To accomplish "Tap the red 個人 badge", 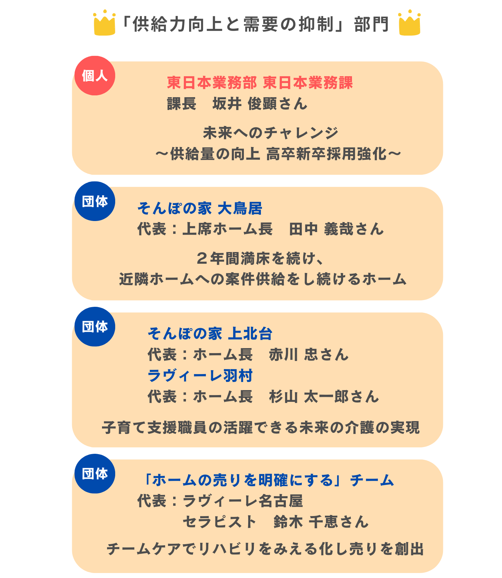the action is pyautogui.click(x=95, y=75).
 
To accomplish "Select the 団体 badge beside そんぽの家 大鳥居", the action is pyautogui.click(x=95, y=201).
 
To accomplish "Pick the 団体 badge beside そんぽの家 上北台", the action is pyautogui.click(x=95, y=326).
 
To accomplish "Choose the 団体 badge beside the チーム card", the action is pyautogui.click(x=95, y=473).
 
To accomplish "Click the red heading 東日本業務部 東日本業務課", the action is pyautogui.click(x=260, y=83).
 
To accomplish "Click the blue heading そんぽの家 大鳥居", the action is pyautogui.click(x=200, y=208).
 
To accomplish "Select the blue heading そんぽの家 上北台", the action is pyautogui.click(x=210, y=333).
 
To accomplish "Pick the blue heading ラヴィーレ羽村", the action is pyautogui.click(x=200, y=375).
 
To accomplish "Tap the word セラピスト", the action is pyautogui.click(x=220, y=522).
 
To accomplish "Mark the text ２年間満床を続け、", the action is pyautogui.click(x=260, y=258).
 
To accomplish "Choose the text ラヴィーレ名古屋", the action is pyautogui.click(x=243, y=501).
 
